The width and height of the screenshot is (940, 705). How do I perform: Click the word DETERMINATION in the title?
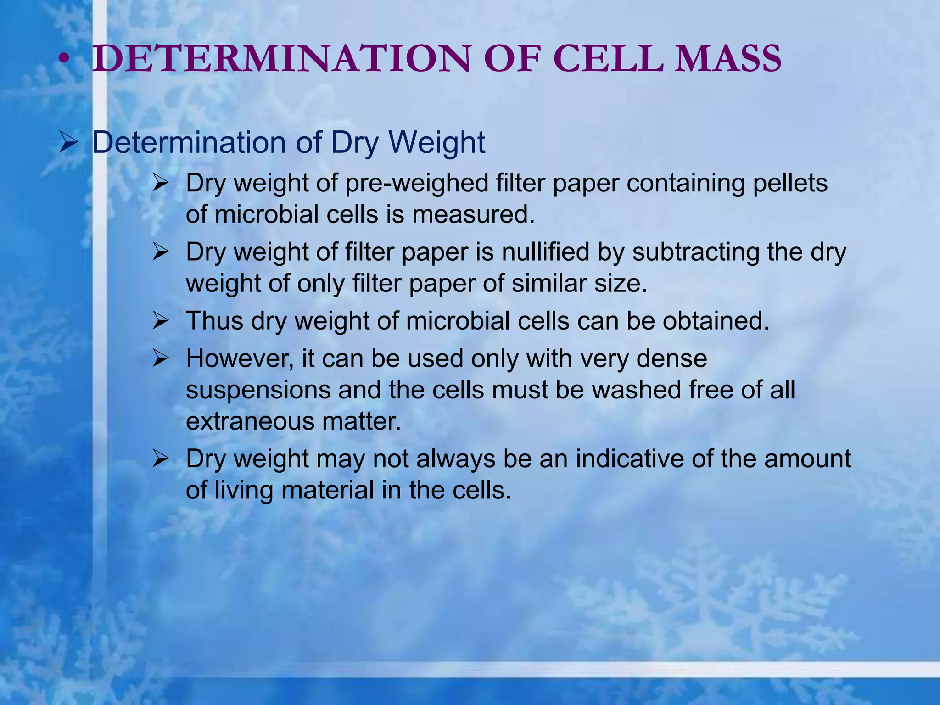pyautogui.click(x=281, y=59)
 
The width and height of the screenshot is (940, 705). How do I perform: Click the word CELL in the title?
pyautogui.click(x=608, y=59)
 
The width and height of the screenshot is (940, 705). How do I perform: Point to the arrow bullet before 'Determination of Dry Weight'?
pyautogui.click(x=69, y=142)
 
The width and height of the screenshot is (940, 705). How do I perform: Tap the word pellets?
pyautogui.click(x=789, y=184)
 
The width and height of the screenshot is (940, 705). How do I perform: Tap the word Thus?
pyautogui.click(x=214, y=321)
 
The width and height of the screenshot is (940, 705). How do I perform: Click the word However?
pyautogui.click(x=239, y=358)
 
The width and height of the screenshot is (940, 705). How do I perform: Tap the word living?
pyautogui.click(x=243, y=490)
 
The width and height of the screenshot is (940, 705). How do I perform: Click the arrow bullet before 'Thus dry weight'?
pyautogui.click(x=161, y=321)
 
